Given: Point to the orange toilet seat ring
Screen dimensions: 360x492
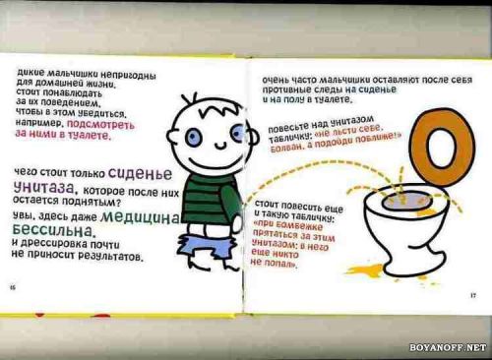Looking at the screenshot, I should [442, 148].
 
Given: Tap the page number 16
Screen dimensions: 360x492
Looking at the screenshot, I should [13, 286].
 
